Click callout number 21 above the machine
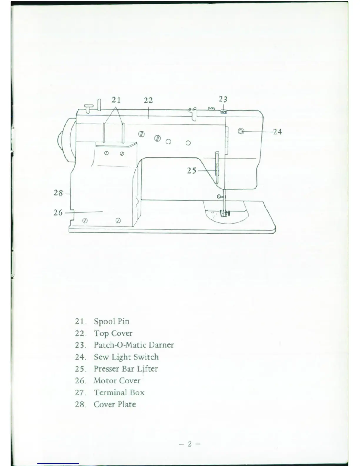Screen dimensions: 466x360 [116, 100]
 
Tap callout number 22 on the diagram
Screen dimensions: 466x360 [148, 101]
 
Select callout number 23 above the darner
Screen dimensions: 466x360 [223, 99]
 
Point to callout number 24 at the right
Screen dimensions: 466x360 [277, 132]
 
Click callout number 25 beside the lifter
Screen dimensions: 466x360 [191, 170]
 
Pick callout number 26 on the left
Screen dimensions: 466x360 [58, 212]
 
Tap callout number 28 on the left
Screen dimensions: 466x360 [58, 193]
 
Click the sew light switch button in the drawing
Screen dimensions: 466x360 [241, 131]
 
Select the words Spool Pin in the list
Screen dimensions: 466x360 [111, 321]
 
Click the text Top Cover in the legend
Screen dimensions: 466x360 [113, 333]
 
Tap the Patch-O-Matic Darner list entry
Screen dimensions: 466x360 [134, 345]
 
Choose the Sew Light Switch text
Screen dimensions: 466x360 [126, 357]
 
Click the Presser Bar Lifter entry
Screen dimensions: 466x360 [126, 369]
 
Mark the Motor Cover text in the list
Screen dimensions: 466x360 [117, 380]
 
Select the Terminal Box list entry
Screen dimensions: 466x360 [119, 392]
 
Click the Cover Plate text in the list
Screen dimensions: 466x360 [115, 404]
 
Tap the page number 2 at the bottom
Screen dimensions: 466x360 [190, 444]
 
